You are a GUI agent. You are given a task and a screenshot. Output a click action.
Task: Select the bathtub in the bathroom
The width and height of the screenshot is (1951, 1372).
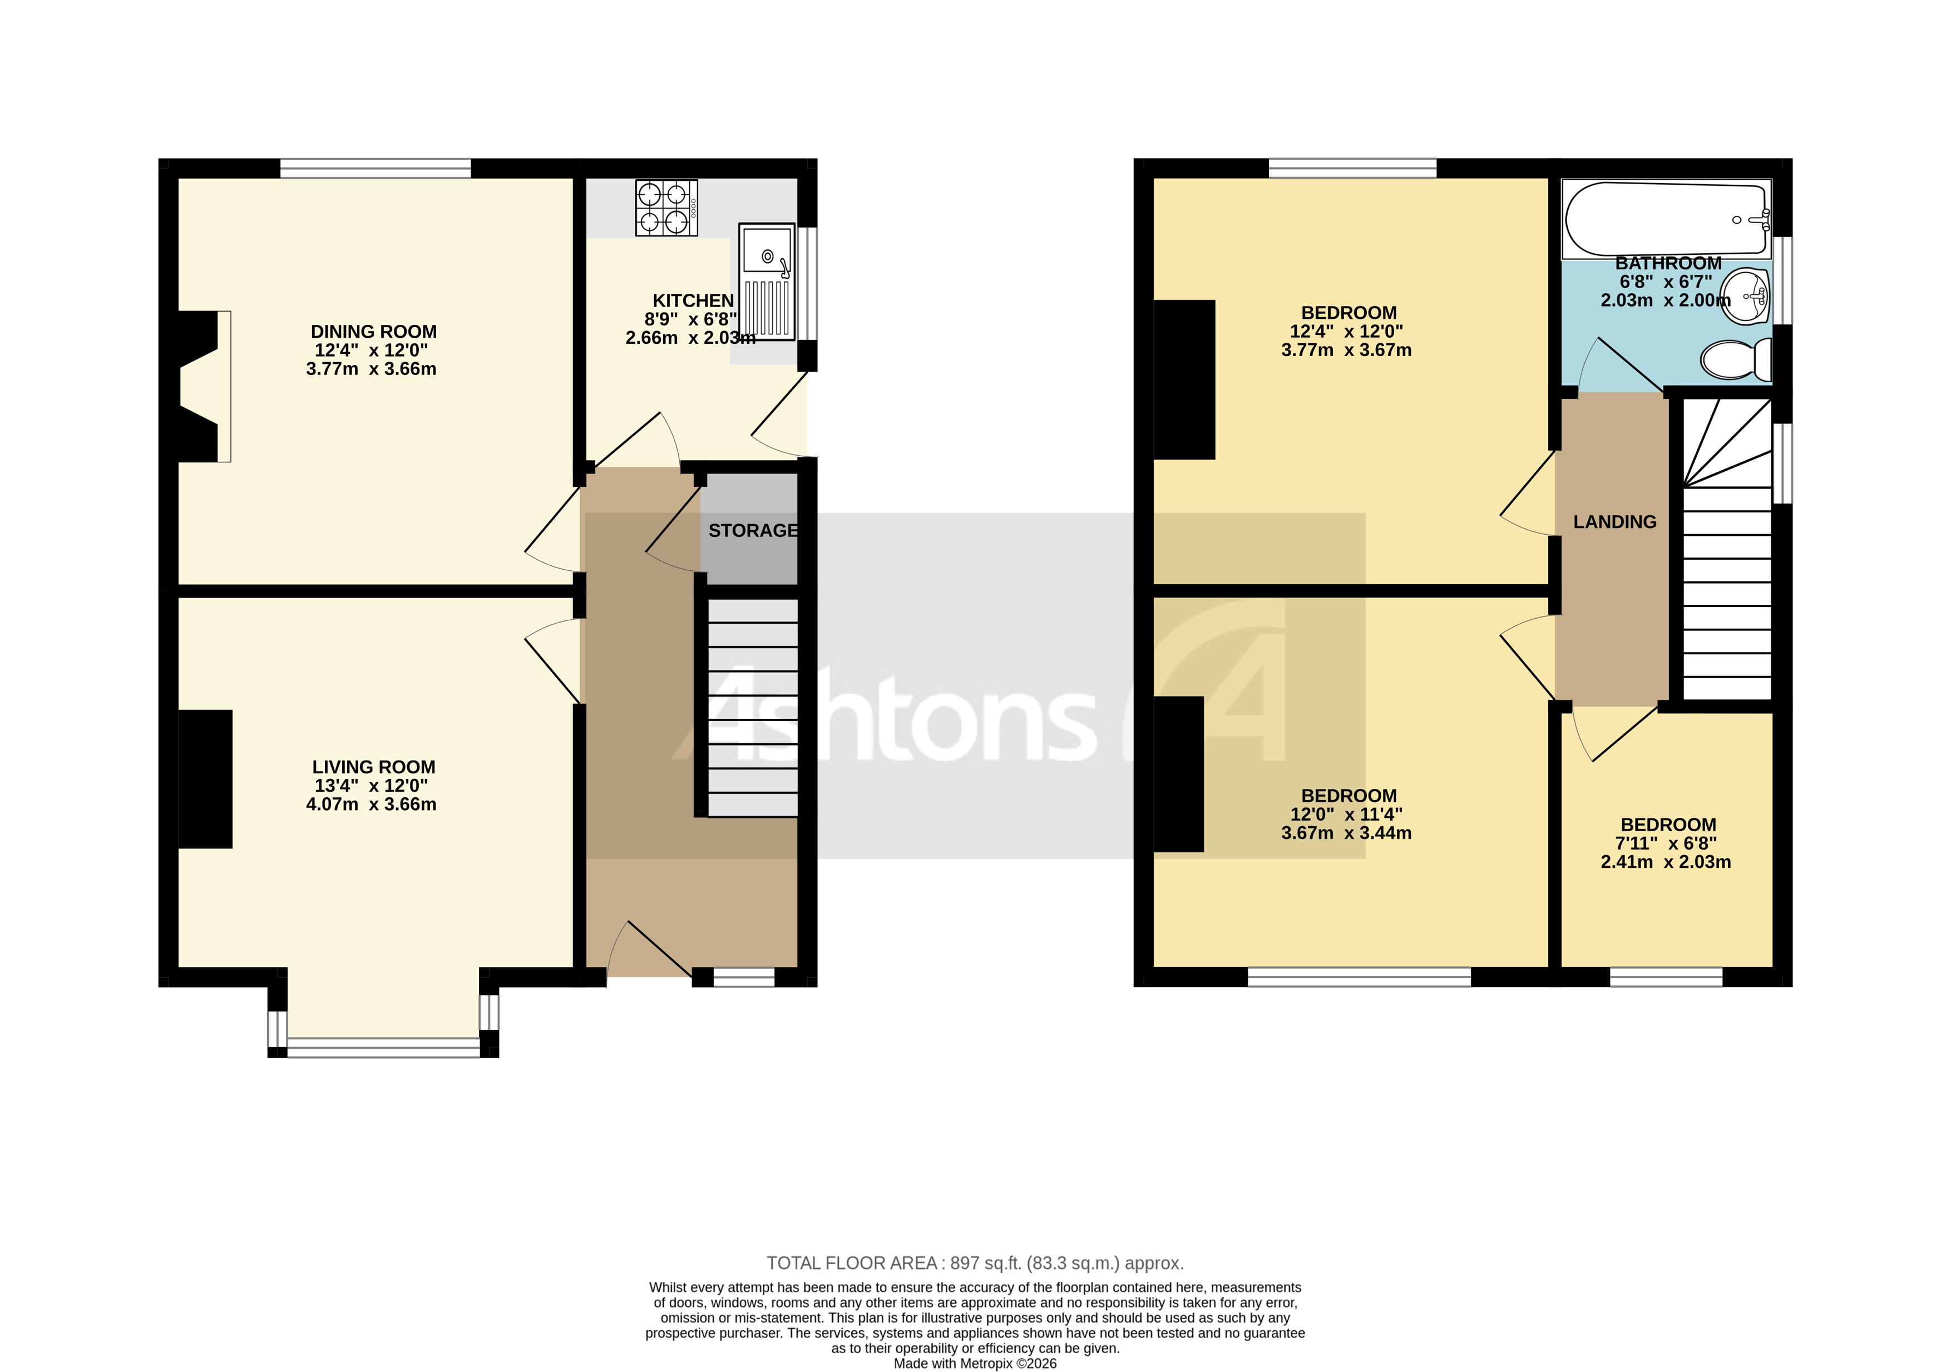coord(1666,219)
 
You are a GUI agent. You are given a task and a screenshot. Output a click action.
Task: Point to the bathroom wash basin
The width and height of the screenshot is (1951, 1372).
coord(1745,297)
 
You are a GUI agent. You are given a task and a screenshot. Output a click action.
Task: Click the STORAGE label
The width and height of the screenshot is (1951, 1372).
coord(753,530)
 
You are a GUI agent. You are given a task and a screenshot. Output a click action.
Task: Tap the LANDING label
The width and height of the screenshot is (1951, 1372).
coord(1614,522)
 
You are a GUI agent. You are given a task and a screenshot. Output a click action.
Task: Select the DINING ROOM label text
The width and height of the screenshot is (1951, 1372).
coord(373,332)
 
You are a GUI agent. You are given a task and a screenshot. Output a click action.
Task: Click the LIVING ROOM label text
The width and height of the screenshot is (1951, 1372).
coord(373,767)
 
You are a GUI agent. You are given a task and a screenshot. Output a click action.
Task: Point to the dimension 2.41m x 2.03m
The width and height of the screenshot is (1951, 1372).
coord(1666,862)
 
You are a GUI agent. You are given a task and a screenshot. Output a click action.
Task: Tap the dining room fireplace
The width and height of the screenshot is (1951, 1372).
coord(204,387)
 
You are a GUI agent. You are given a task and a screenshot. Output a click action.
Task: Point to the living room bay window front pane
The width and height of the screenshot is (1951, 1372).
coord(383,1047)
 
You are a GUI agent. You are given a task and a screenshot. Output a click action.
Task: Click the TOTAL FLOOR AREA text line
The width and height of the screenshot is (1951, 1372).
coord(975,1263)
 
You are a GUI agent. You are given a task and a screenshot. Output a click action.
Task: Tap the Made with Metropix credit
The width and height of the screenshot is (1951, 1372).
coord(975,1364)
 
